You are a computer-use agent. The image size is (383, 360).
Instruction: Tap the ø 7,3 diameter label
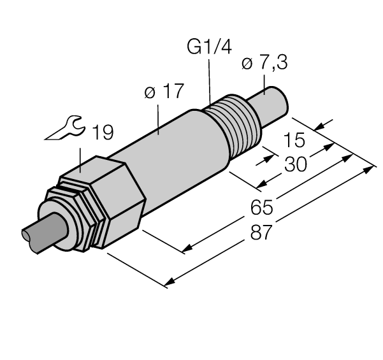coord(264,64)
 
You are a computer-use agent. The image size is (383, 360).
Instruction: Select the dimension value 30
coord(294,164)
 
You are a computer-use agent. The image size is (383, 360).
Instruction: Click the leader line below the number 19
coord(80,160)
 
